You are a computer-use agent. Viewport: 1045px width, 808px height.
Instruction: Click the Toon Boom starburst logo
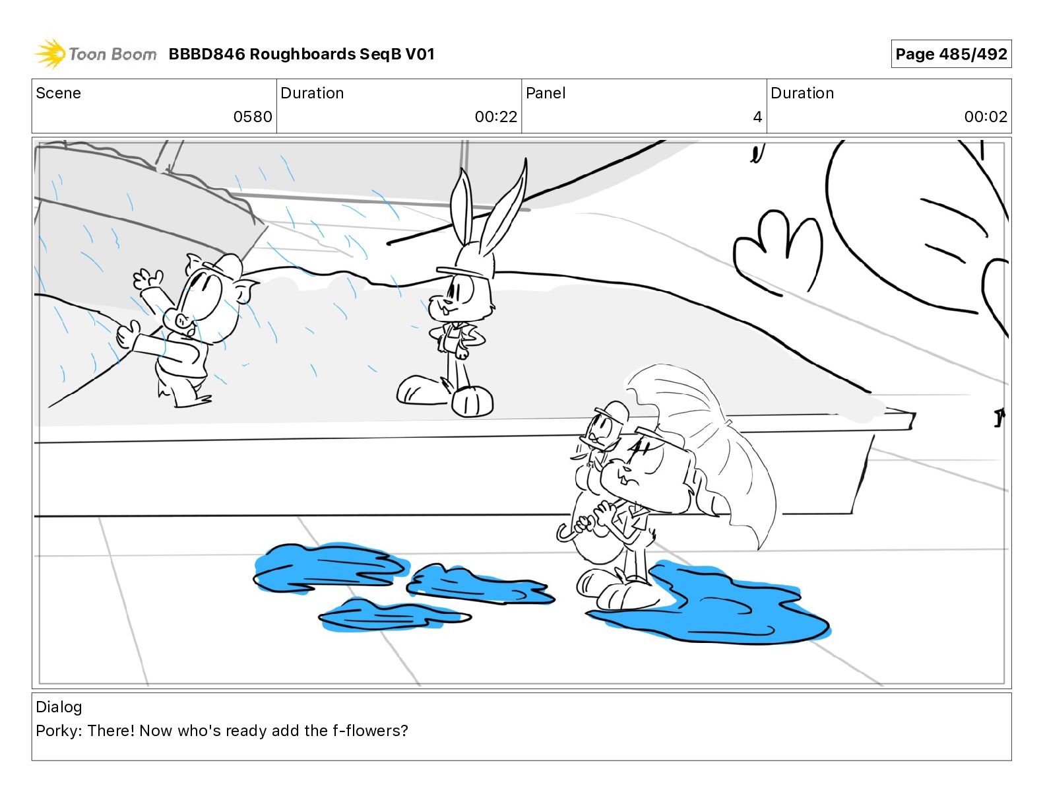pyautogui.click(x=51, y=54)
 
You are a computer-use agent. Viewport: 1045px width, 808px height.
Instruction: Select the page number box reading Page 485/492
pyautogui.click(x=951, y=54)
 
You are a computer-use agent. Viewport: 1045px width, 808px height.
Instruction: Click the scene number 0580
pyautogui.click(x=253, y=116)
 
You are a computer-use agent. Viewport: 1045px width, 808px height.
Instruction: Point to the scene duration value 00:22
pyautogui.click(x=496, y=116)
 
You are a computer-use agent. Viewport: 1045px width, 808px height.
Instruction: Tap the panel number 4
pyautogui.click(x=757, y=116)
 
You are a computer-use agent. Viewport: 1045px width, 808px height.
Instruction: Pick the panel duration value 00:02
pyautogui.click(x=986, y=116)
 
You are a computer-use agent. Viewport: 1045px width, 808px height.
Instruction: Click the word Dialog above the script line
pyautogui.click(x=59, y=707)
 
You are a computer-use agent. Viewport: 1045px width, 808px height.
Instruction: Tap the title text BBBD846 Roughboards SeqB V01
pyautogui.click(x=301, y=54)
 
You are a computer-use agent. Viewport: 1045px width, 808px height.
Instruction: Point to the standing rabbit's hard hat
pyautogui.click(x=466, y=268)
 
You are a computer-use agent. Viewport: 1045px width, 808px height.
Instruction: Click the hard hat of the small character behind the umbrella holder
pyautogui.click(x=612, y=413)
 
